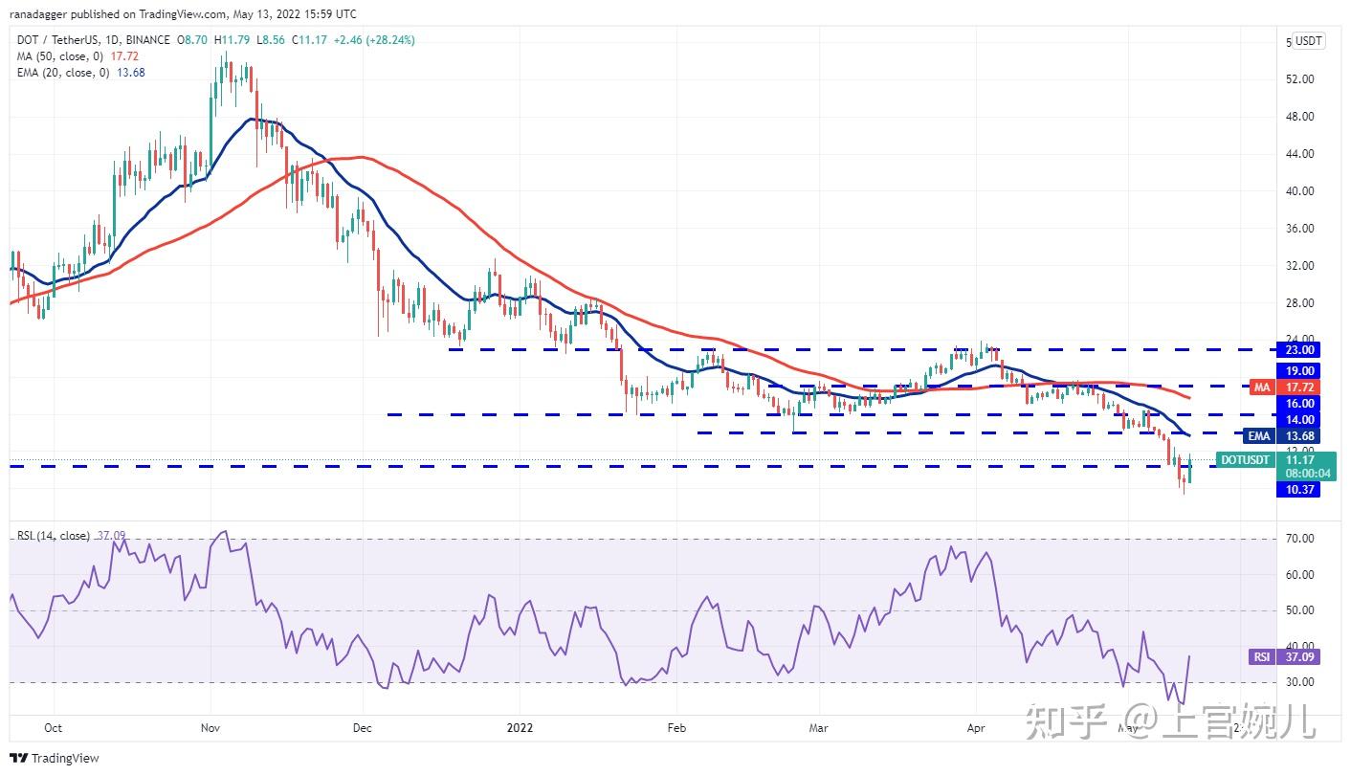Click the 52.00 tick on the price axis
[x=1298, y=78]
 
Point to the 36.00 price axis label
[x=1298, y=229]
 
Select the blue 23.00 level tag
[x=1298, y=350]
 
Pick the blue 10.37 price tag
[x=1298, y=489]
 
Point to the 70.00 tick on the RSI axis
[x=1298, y=539]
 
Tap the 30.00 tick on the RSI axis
[x=1298, y=682]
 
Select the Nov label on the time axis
[x=210, y=727]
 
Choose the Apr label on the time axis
[x=976, y=727]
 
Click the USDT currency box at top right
[x=1308, y=41]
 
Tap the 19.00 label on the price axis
[x=1298, y=371]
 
